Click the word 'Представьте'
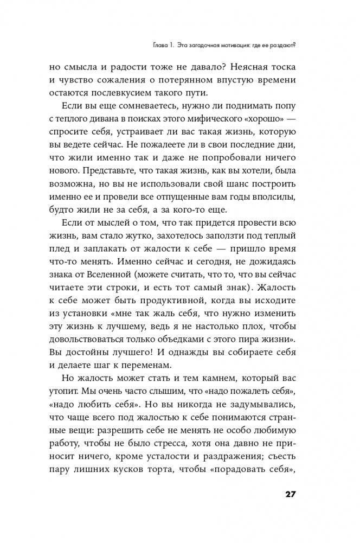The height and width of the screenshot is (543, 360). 96,178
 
